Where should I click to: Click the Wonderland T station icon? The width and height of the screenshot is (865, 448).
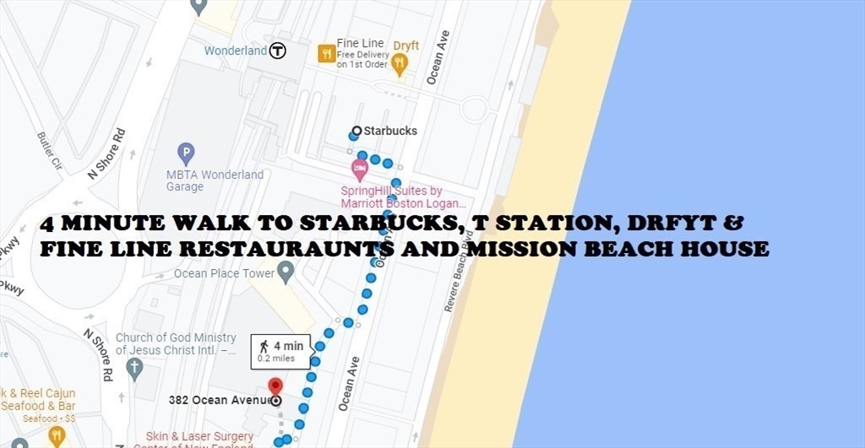(278, 51)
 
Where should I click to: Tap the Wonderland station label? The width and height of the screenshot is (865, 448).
(236, 51)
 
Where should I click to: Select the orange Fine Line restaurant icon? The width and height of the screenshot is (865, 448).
(326, 54)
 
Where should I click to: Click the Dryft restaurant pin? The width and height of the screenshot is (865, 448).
(400, 62)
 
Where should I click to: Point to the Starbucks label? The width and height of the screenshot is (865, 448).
(389, 131)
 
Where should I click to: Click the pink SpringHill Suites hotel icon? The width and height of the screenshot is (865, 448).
(360, 169)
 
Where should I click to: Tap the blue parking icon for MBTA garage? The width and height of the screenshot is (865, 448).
(186, 154)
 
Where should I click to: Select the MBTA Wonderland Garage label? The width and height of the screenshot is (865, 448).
(215, 181)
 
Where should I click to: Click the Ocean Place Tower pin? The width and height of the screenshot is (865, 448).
(286, 272)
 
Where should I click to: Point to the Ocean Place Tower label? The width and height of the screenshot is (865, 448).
(224, 273)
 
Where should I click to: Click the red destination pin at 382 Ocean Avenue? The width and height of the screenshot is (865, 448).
(275, 387)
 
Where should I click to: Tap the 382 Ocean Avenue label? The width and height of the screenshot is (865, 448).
(220, 400)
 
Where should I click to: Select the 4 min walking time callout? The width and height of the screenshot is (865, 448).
(280, 351)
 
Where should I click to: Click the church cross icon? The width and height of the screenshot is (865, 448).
(133, 369)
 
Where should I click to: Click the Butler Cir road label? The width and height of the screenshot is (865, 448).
(51, 150)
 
